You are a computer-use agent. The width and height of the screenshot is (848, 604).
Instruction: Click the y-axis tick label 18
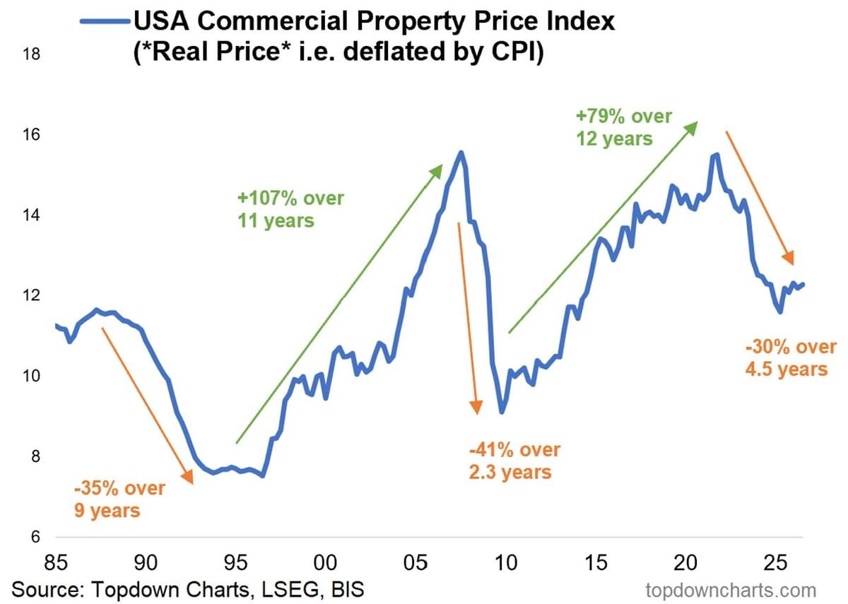click(x=31, y=54)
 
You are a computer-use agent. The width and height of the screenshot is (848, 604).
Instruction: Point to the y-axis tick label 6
click(x=35, y=537)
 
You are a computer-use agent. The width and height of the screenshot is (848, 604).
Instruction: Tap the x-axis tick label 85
click(x=56, y=562)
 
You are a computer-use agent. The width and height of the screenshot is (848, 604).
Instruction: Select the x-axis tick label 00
click(x=325, y=562)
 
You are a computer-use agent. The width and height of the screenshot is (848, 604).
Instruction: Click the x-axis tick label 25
click(x=776, y=562)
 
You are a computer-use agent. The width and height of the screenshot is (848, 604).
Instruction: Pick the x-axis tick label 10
click(x=506, y=562)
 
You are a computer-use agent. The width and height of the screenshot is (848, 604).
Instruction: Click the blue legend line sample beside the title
click(x=105, y=22)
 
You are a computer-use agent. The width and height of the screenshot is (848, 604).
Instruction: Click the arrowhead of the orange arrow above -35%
click(x=189, y=478)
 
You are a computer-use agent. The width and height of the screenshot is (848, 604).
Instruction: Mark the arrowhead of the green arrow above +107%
click(x=436, y=170)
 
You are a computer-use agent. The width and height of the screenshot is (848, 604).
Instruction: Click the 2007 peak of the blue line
click(x=461, y=152)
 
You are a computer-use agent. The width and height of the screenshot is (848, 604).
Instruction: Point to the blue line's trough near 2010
click(x=502, y=412)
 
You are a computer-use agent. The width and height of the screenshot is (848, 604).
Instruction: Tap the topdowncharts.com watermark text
click(x=731, y=590)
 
